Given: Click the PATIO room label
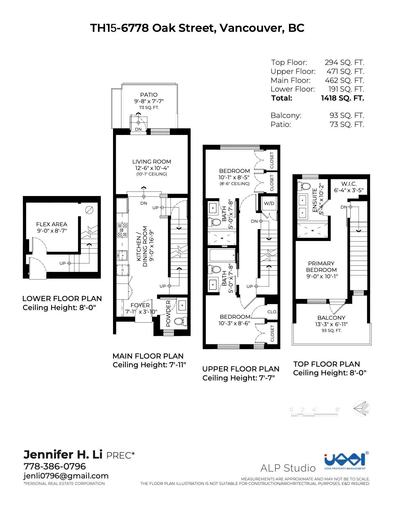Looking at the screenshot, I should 149,95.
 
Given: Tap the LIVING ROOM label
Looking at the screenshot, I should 152,162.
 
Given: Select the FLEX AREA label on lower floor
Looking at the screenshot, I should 52,224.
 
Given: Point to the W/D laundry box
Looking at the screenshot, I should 269,203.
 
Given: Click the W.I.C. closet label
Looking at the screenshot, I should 349,184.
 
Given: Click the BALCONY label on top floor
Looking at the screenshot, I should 331,318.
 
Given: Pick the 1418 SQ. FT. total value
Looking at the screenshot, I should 342,98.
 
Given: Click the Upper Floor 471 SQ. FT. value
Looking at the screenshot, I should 345,71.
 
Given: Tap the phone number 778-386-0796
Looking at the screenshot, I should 55,466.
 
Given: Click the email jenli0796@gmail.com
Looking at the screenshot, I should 66,476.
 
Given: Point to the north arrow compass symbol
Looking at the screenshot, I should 362,409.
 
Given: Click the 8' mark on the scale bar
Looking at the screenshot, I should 337,410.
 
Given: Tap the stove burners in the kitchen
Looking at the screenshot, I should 122,230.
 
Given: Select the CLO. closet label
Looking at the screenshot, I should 272,312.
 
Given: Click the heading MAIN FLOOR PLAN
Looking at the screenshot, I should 148,356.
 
